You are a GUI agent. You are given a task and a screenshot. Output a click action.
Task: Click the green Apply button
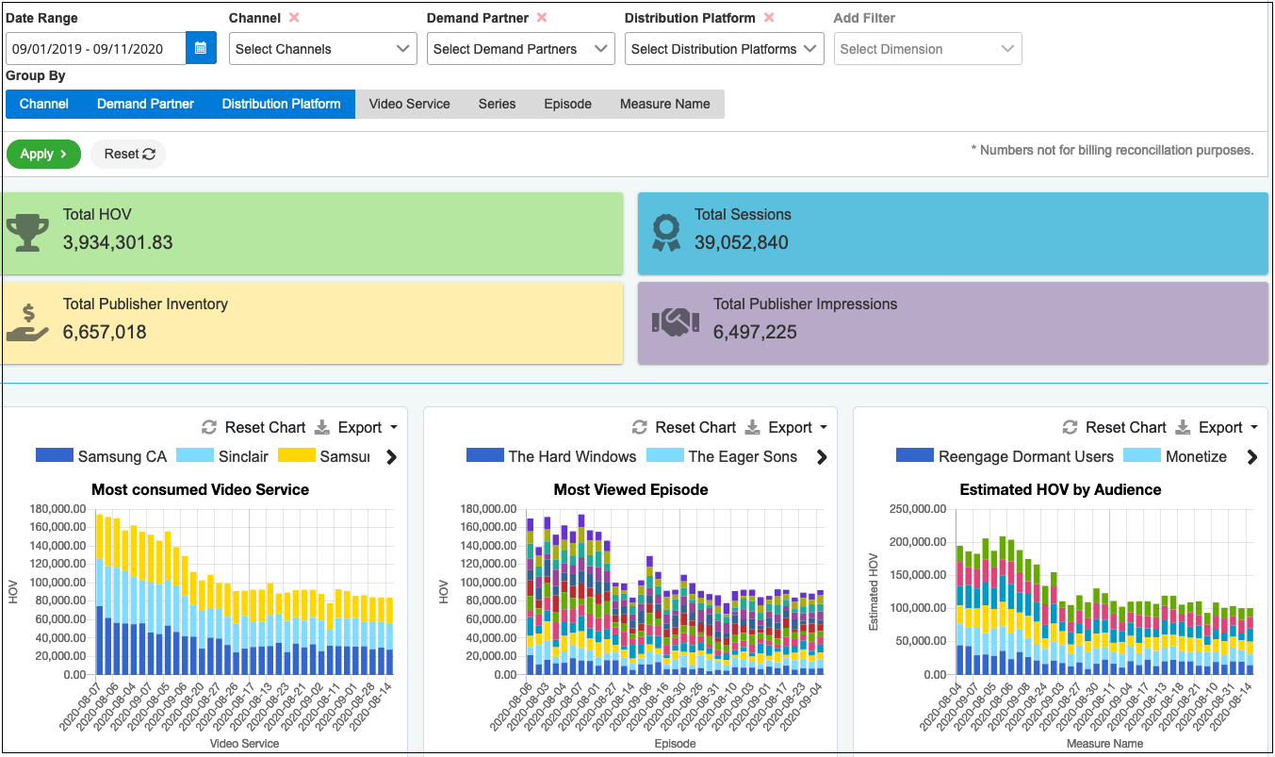point(43,154)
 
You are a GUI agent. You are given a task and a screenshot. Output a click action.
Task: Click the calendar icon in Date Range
point(201,49)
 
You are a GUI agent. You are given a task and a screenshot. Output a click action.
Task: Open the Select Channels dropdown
point(322,49)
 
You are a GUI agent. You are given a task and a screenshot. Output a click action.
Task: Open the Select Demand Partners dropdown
point(520,49)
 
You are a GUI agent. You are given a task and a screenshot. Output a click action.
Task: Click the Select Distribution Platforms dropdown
point(724,49)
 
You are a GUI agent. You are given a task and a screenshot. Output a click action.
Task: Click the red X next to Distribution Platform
point(769,18)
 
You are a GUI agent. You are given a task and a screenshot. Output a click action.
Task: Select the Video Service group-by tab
point(409,104)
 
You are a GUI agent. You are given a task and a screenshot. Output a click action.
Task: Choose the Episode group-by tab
point(567,104)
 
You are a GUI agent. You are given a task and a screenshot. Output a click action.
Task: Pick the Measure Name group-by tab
point(664,104)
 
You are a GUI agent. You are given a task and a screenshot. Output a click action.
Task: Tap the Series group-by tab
point(497,104)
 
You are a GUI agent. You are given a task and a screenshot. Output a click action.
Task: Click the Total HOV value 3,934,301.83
point(118,242)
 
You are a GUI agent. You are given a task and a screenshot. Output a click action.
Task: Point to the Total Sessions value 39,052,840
point(742,242)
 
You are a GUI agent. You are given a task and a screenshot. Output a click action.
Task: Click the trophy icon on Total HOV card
point(27,232)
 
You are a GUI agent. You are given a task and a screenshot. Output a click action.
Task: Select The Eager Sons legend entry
point(726,456)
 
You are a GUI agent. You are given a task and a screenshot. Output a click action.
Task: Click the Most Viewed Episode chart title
point(630,489)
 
